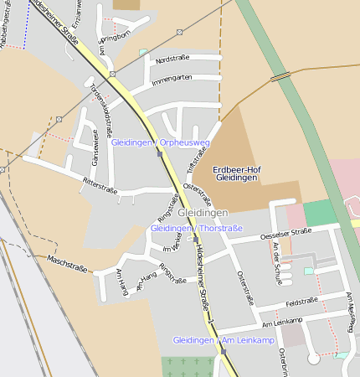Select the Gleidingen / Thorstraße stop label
[x=196, y=228]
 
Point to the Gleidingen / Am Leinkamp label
[x=223, y=340]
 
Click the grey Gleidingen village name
[x=203, y=213]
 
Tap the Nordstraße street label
[x=172, y=59]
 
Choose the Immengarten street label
[x=172, y=78]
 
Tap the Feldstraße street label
[x=301, y=301]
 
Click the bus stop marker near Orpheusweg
[x=159, y=154]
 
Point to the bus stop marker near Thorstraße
[x=195, y=239]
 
